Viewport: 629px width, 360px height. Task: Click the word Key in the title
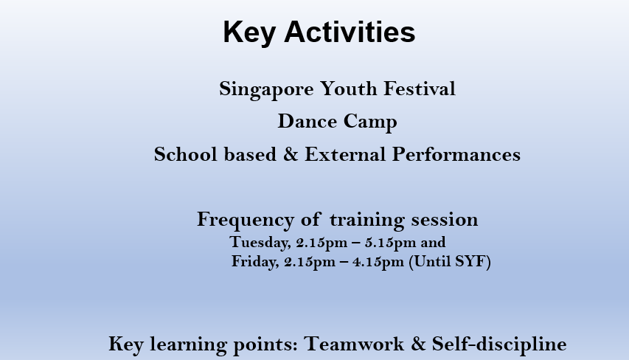pos(249,33)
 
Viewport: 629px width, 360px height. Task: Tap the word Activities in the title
pos(350,32)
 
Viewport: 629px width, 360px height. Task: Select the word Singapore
pos(266,89)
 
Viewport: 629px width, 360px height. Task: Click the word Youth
pos(349,89)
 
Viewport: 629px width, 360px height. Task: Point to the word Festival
pos(420,89)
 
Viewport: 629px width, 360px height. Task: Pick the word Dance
pos(307,122)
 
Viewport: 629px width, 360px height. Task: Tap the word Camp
pos(370,122)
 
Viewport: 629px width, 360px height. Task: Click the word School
pos(186,154)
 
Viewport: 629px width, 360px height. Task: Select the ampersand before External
pos(291,154)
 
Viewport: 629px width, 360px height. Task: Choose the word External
pos(345,154)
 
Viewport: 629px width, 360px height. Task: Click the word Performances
pos(456,154)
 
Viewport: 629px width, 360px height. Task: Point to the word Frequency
pos(246,221)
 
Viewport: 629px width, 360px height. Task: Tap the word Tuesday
pos(260,243)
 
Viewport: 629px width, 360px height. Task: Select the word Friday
pos(255,262)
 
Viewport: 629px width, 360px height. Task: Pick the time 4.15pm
pos(378,262)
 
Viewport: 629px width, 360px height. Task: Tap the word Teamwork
pos(354,345)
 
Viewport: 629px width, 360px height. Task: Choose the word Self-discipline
pos(499,345)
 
